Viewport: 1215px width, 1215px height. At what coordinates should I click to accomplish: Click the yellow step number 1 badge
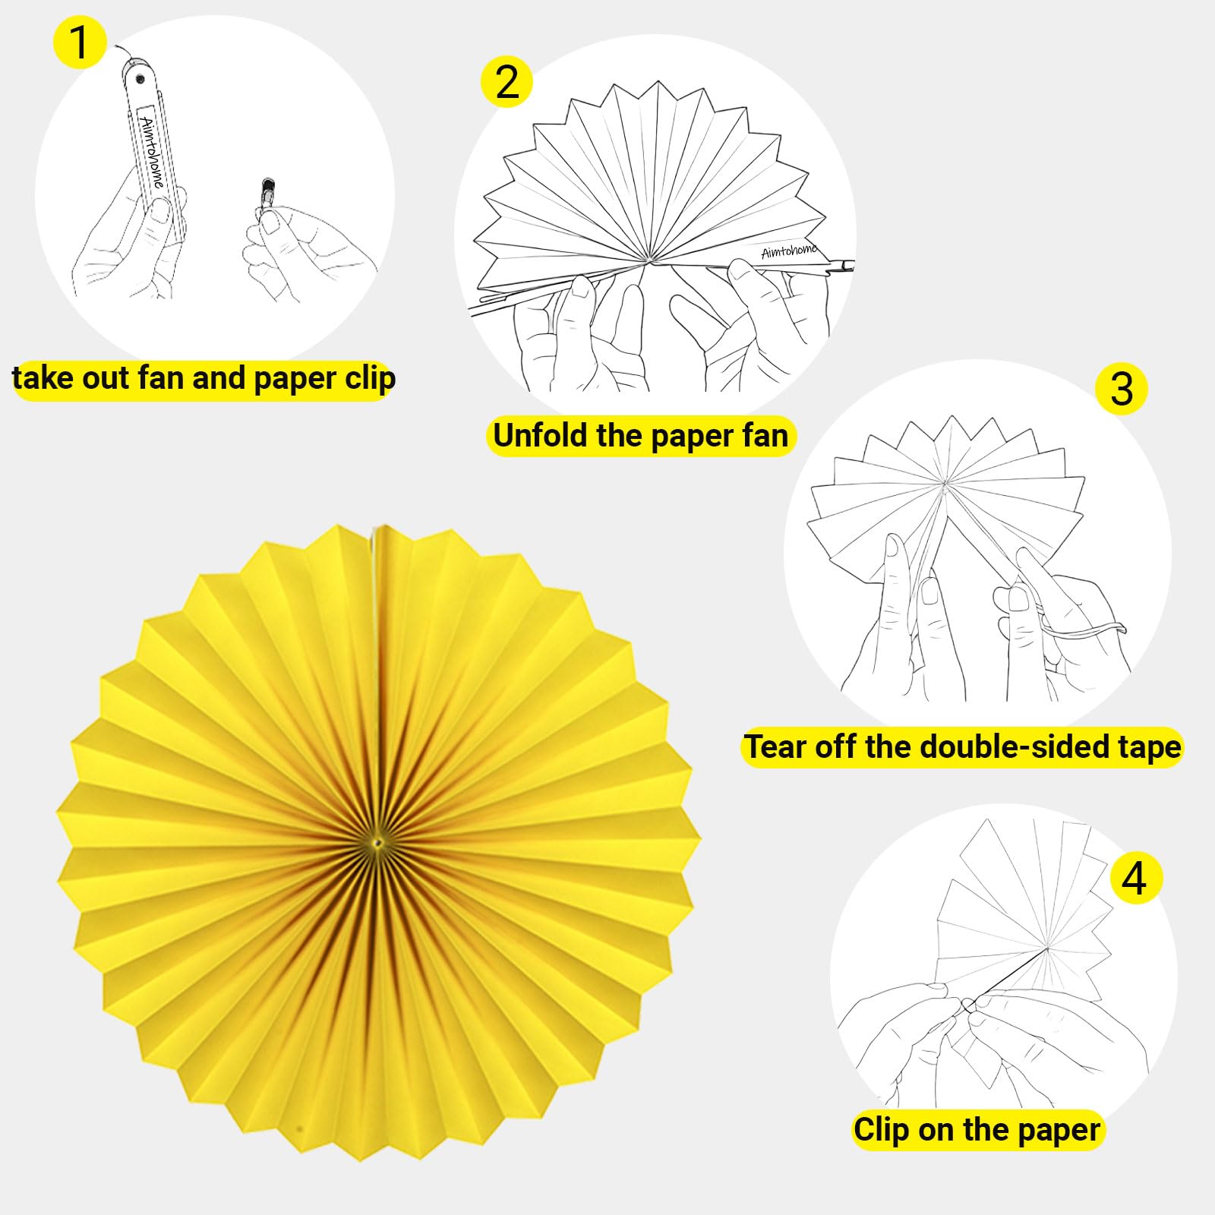click(79, 43)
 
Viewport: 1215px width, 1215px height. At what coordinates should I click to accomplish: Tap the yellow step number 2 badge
click(507, 81)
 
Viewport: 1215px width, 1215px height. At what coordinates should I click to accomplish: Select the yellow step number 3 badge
click(1122, 389)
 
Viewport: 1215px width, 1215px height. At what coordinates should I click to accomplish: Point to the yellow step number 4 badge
click(1135, 878)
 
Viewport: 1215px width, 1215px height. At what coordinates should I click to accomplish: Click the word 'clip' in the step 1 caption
click(370, 378)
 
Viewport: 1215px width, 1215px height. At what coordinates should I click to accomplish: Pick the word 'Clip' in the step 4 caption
click(881, 1129)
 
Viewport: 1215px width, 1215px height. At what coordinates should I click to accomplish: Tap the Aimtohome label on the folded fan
click(152, 152)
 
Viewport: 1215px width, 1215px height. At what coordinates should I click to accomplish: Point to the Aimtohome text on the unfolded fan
click(790, 251)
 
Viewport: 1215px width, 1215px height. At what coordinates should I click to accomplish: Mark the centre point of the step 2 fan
click(649, 260)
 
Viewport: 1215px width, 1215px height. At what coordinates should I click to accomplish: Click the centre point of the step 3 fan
click(944, 481)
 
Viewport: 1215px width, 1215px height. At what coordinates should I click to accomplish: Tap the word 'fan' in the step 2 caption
click(765, 436)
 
